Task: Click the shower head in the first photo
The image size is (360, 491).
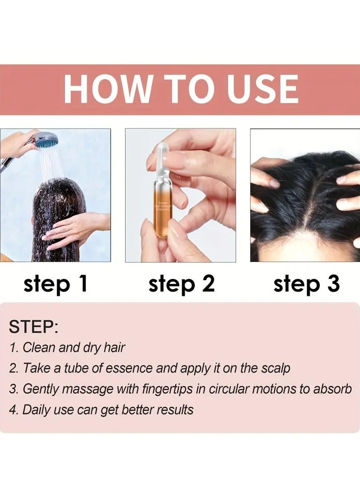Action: click(x=46, y=140)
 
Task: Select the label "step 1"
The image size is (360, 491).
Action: click(x=56, y=284)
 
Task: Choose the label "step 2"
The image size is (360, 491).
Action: click(x=181, y=284)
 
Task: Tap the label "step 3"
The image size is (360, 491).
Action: click(x=306, y=284)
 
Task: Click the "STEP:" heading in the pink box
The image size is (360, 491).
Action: click(x=33, y=327)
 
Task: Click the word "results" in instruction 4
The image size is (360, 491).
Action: click(x=175, y=410)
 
